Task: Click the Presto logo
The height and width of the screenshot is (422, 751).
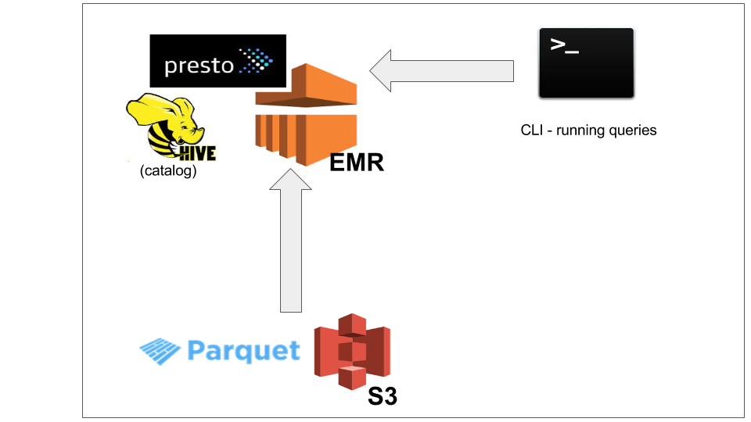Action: pos(217,61)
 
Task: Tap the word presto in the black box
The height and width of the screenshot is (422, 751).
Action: pos(199,66)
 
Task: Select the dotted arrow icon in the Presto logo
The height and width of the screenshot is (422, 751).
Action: pos(256,61)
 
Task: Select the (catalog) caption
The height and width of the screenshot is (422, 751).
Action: pos(168,171)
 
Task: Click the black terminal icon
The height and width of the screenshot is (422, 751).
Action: pos(586,63)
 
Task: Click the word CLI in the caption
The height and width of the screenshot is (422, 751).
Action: pos(532,131)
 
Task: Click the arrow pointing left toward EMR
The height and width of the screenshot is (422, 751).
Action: pos(441,71)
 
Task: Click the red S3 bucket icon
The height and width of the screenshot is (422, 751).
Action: pos(352,352)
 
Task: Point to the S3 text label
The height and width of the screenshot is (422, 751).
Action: pos(383,396)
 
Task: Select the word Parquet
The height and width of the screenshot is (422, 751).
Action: pos(243,351)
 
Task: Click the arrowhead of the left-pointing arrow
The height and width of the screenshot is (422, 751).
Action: pos(385,71)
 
